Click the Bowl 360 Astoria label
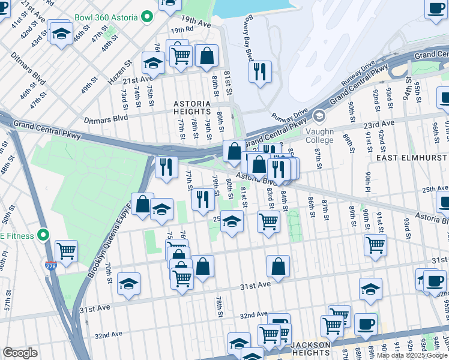(x=104, y=18)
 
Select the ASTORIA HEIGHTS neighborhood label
(x=192, y=107)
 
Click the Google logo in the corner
(x=20, y=353)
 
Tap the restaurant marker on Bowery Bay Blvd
(x=260, y=71)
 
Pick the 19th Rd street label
(x=181, y=29)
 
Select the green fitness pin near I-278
(x=43, y=235)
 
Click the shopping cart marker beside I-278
(x=66, y=250)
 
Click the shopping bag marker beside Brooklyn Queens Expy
(x=143, y=204)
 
